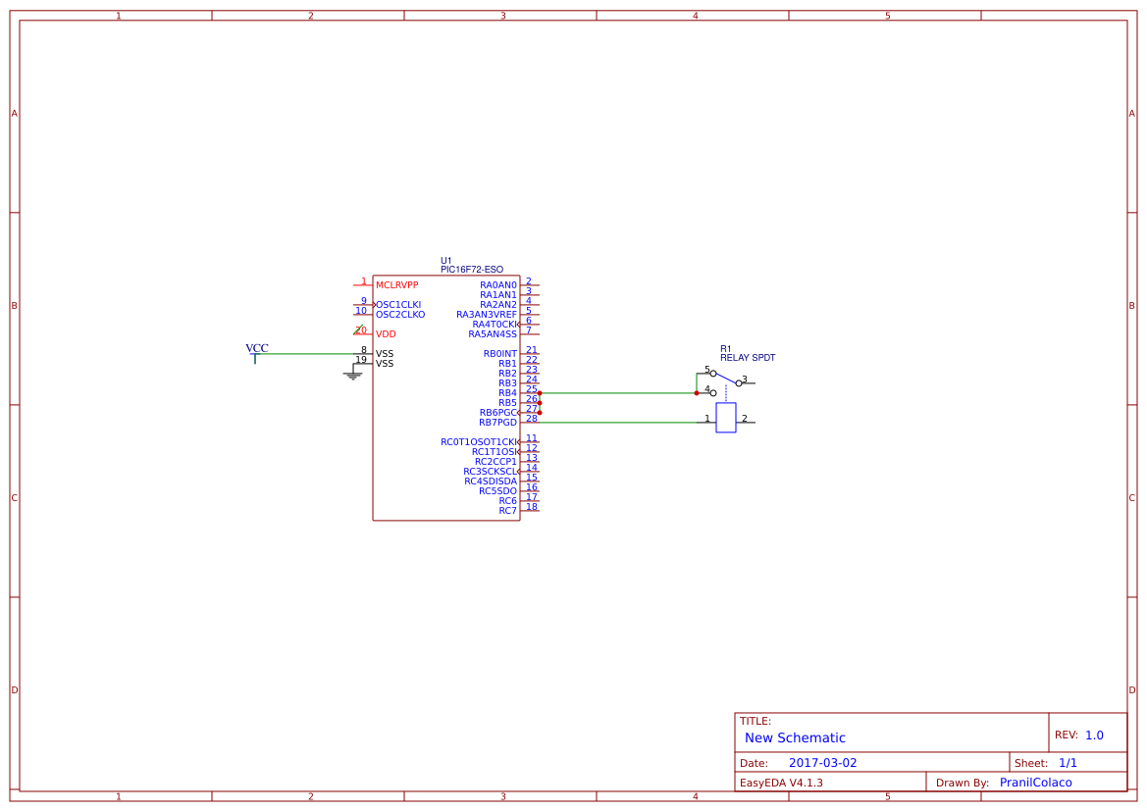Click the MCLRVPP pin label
coord(396,285)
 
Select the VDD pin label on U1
coord(386,334)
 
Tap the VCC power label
coord(257,348)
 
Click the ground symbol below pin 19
coord(353,374)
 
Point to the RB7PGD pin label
coord(497,423)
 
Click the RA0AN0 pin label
coord(497,285)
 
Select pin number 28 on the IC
coord(531,419)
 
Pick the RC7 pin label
coord(507,511)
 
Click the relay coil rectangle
coord(726,418)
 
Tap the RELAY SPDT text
coord(748,358)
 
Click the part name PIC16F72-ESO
coord(472,270)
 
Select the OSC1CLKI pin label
coord(398,305)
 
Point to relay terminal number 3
coord(745,379)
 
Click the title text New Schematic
coord(795,738)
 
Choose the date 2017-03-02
coord(822,763)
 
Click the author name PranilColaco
coord(1035,783)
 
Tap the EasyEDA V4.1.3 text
coord(781,783)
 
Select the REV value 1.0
coord(1094,735)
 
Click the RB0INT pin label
coord(499,354)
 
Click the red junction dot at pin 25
coord(540,393)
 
